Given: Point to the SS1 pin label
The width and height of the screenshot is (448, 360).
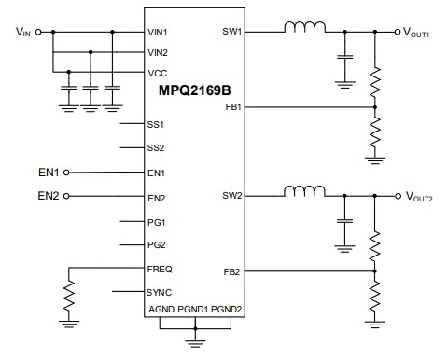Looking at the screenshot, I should [x=156, y=124].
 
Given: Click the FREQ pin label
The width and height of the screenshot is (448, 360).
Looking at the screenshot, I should [x=160, y=269].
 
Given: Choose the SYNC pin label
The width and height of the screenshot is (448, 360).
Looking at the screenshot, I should [x=160, y=292].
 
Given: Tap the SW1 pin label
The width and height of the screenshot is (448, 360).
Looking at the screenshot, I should [x=232, y=31].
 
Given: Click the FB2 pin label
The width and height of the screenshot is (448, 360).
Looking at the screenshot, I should [x=233, y=270].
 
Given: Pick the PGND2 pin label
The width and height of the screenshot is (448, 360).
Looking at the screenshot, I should [x=227, y=310].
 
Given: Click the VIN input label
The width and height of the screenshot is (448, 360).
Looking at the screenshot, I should [x=23, y=33].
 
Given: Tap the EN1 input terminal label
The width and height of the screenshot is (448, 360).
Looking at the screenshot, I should [x=49, y=173].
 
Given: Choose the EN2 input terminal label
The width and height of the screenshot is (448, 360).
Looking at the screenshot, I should [x=49, y=196].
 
